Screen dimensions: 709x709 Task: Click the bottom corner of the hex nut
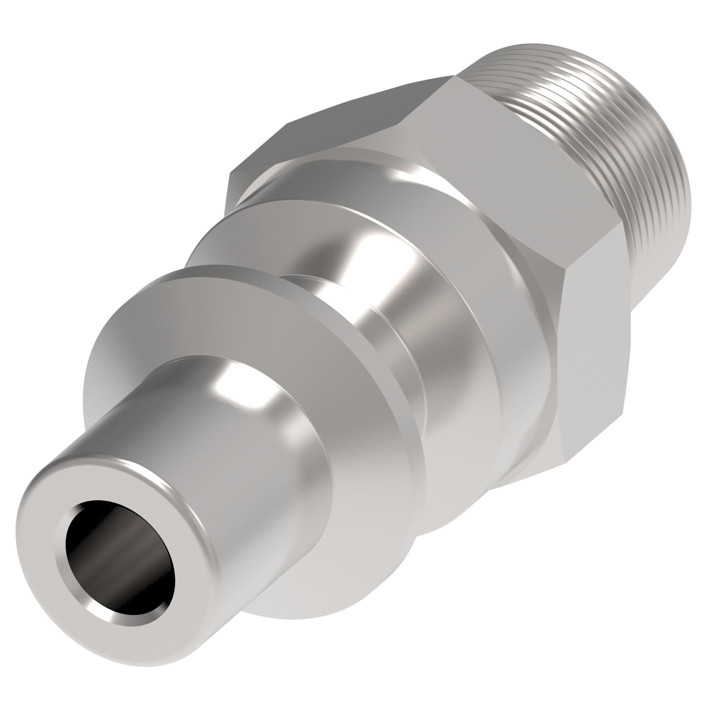(565, 462)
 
